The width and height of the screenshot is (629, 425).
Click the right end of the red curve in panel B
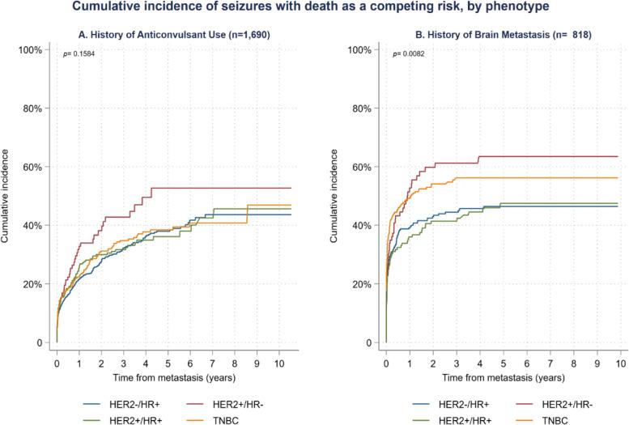point(618,156)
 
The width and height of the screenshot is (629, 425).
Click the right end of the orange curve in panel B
point(618,178)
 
